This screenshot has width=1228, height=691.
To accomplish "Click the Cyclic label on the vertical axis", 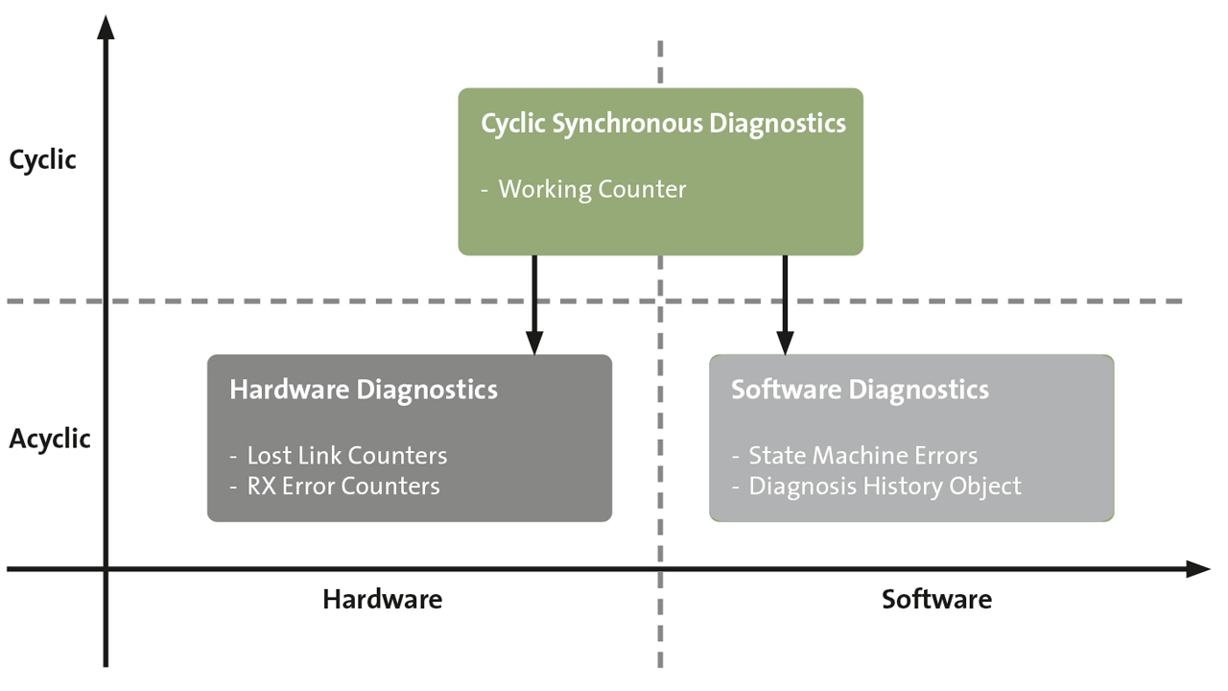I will tap(42, 160).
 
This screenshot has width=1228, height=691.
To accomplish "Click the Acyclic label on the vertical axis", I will tap(50, 440).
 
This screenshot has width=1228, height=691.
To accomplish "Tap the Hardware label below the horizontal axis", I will tap(382, 600).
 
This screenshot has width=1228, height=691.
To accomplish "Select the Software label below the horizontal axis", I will tap(936, 600).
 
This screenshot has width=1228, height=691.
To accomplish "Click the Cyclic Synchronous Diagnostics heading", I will tap(663, 124).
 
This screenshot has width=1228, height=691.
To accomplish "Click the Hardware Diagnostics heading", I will tap(364, 390).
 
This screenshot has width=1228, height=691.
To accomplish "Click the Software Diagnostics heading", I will tap(860, 390).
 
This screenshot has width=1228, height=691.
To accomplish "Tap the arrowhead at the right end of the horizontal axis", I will tap(1198, 569).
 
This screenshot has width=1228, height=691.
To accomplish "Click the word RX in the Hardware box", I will tap(262, 486).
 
